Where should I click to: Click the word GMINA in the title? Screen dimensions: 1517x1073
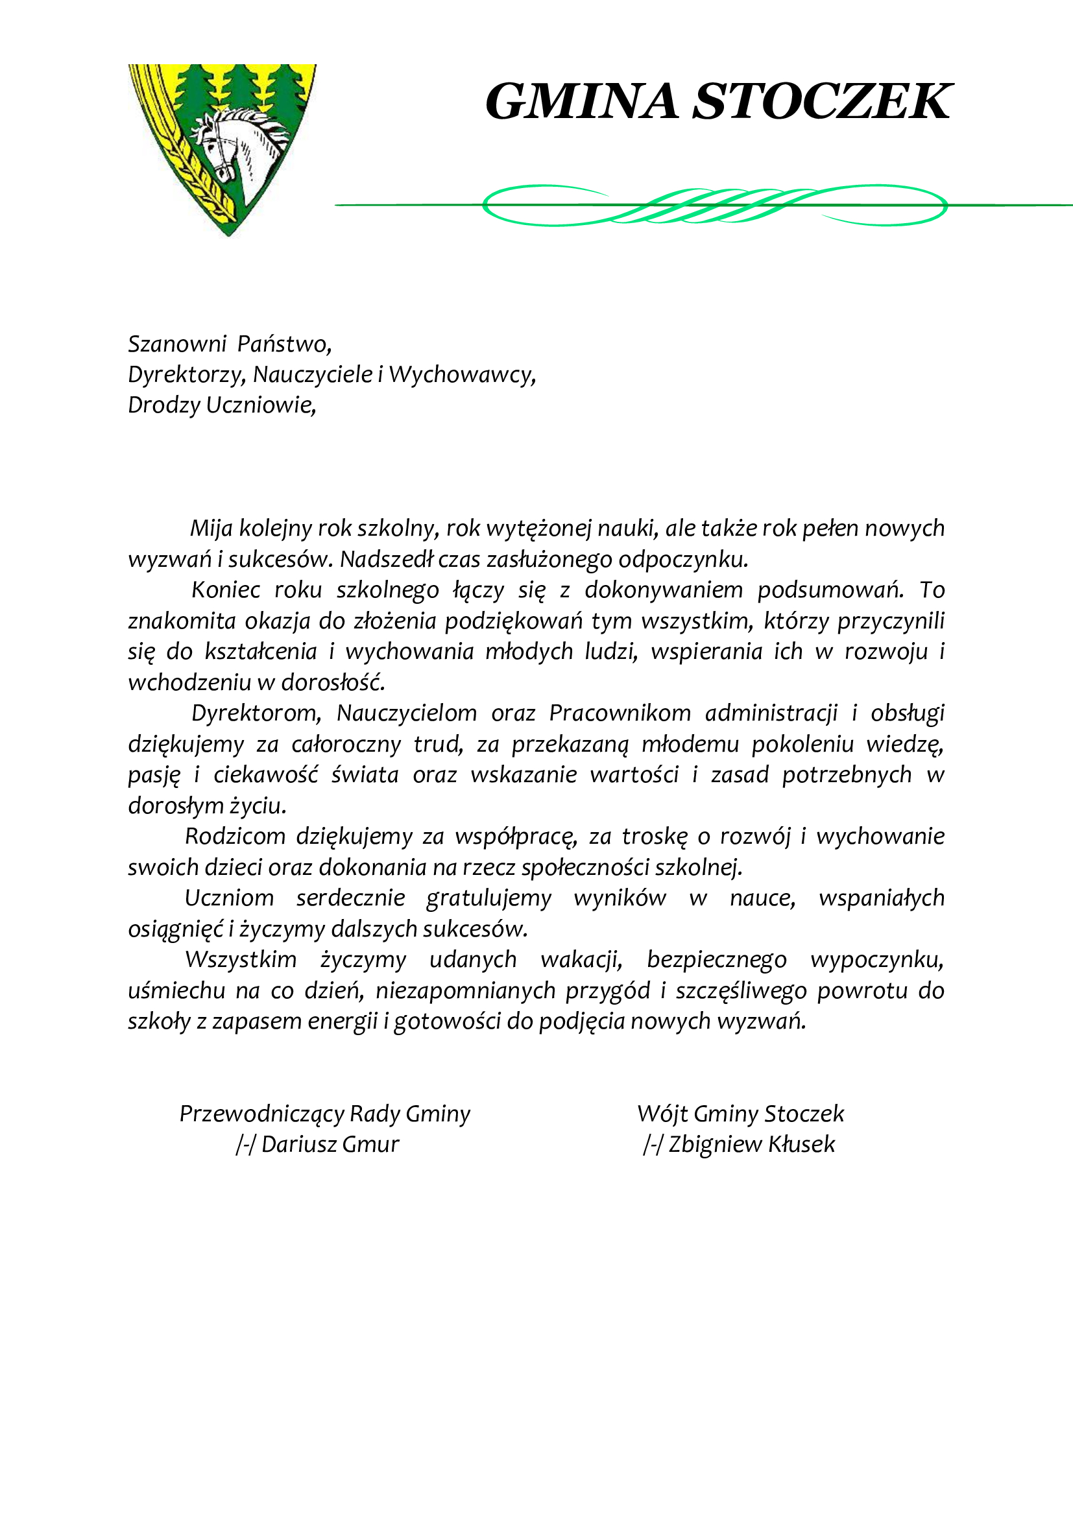pyautogui.click(x=581, y=102)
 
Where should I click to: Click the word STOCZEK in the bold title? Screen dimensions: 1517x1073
pyautogui.click(x=821, y=102)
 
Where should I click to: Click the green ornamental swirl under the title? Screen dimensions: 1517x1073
pyautogui.click(x=714, y=205)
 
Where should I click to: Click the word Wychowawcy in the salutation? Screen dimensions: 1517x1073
pyautogui.click(x=461, y=375)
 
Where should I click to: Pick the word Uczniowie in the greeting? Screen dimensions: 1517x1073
pyautogui.click(x=260, y=405)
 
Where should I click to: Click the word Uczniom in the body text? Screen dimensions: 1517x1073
pyautogui.click(x=228, y=898)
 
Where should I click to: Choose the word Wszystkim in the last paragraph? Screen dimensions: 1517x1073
pyautogui.click(x=241, y=959)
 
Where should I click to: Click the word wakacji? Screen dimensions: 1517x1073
pyautogui.click(x=581, y=959)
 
